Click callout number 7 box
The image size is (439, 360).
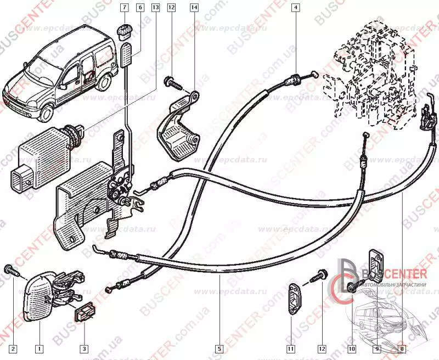tap(125, 8)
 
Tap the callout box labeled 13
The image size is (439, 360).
tap(155, 8)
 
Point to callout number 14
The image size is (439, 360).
tap(194, 8)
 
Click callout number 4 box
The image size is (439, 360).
tap(296, 8)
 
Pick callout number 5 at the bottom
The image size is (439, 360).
tap(219, 348)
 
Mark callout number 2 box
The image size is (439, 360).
tap(13, 348)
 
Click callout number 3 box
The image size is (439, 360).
tap(83, 348)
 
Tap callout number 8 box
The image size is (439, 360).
tap(402, 348)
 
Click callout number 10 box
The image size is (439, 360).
tap(351, 348)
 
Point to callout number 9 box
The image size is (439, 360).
tap(378, 348)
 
